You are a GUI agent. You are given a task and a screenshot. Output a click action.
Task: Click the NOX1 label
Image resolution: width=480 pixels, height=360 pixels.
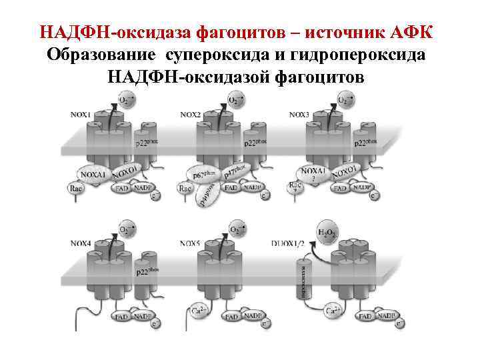coord(80,115)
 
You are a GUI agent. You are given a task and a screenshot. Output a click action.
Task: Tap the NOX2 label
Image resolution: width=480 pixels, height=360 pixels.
coord(190,115)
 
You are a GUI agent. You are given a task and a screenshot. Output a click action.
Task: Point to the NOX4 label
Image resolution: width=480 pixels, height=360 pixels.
coord(80,244)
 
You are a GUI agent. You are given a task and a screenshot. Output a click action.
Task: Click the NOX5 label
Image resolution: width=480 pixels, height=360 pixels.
coord(190,244)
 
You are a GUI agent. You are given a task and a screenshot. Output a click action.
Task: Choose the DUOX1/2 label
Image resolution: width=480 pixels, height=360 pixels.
coord(287,244)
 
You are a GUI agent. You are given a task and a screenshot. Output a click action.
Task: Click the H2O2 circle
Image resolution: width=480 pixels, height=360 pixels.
coord(327,233)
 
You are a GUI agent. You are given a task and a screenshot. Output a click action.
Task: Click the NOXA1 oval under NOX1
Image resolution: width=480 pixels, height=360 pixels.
coord(94,175)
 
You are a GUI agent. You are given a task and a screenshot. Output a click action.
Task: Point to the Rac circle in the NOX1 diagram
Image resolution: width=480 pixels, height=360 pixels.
coord(76,189)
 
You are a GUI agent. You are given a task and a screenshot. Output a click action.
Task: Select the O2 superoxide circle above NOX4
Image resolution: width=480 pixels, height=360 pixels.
coord(125,231)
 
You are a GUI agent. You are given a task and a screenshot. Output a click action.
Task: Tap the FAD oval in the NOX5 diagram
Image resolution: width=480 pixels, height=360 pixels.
coord(231,317)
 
